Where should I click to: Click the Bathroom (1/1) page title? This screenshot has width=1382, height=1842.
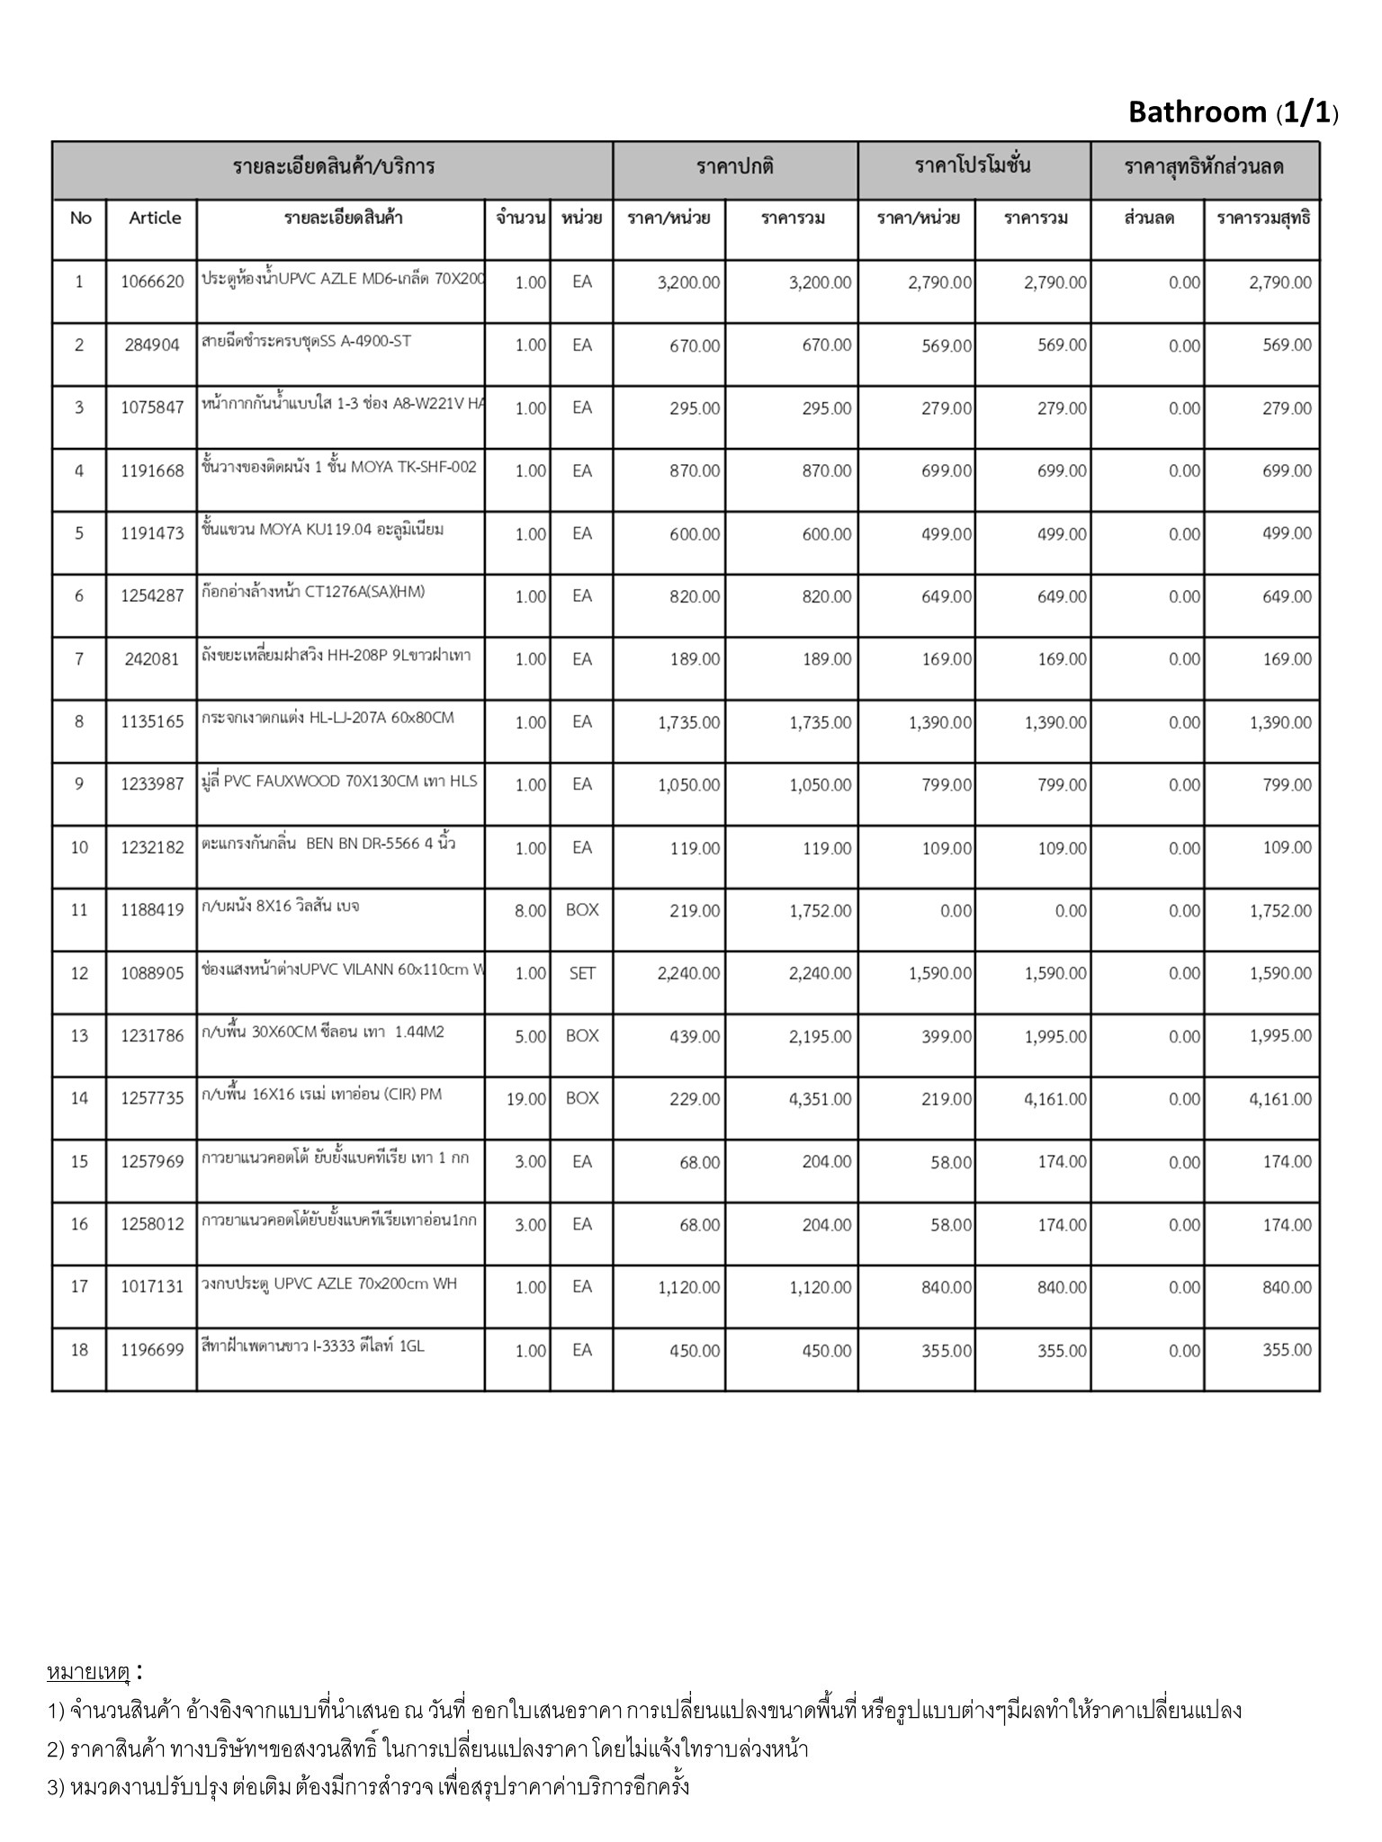point(1233,112)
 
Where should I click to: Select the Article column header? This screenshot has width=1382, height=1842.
point(155,218)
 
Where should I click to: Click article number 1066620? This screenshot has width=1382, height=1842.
point(152,282)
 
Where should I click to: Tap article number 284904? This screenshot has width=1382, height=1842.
point(152,344)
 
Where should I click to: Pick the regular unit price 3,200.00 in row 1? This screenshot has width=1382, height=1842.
point(688,282)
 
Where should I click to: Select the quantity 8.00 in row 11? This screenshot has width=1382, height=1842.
point(530,911)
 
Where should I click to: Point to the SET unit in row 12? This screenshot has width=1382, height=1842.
point(582,973)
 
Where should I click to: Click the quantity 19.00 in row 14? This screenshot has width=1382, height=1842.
point(526,1099)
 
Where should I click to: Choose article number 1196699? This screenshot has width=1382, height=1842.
point(152,1350)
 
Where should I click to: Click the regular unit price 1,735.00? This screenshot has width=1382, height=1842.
point(688,722)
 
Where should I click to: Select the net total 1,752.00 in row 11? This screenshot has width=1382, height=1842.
point(1280,911)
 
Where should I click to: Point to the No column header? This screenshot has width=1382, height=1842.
point(80,218)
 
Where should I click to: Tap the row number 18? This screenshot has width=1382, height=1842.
point(79,1350)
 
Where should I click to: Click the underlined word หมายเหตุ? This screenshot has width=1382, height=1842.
point(88,1673)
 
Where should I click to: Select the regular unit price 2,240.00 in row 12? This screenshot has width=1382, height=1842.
point(688,973)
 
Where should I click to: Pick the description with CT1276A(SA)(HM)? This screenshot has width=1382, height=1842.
point(314,592)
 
